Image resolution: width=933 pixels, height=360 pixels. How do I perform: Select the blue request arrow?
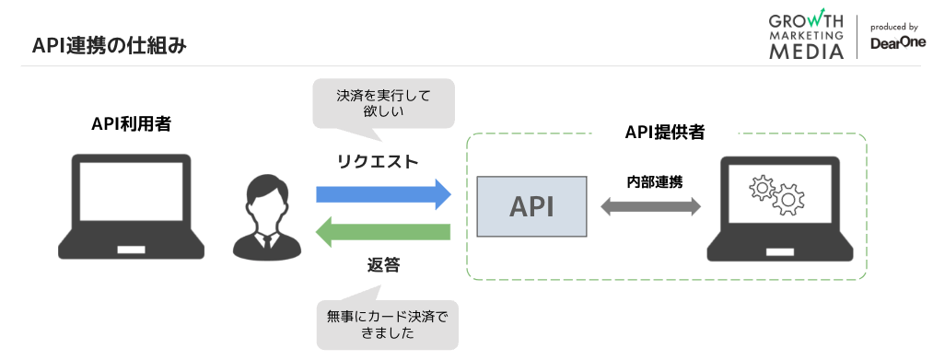(383, 194)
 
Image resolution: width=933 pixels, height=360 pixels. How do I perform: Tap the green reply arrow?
(383, 232)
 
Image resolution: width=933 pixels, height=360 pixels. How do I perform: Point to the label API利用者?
(131, 124)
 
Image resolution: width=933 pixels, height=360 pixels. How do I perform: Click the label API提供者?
(665, 133)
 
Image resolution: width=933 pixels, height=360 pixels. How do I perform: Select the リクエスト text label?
(378, 161)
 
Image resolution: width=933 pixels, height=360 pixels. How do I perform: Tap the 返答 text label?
(383, 266)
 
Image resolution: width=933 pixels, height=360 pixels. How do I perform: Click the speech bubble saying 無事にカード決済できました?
(386, 323)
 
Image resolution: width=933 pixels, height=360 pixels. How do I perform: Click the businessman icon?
(264, 218)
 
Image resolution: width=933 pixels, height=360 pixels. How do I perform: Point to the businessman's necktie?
(264, 242)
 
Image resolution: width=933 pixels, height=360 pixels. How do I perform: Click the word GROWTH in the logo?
(806, 20)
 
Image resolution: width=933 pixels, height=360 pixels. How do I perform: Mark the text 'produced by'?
(892, 27)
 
